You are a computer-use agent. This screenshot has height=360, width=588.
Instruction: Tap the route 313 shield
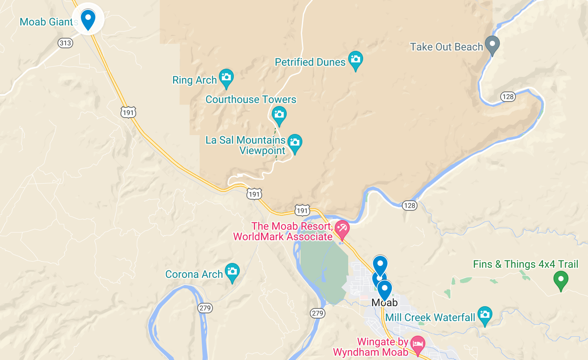(x=65, y=43)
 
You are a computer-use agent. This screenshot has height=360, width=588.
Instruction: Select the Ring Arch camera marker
(x=226, y=78)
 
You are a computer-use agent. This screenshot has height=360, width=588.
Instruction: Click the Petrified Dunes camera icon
(x=356, y=59)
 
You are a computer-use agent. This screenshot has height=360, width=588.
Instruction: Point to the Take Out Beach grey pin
(x=492, y=45)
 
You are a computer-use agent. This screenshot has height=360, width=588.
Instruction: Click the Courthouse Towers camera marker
(x=279, y=115)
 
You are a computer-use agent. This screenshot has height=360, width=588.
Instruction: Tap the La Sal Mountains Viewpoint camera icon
(x=295, y=143)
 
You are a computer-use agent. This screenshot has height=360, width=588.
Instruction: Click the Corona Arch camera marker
(x=232, y=272)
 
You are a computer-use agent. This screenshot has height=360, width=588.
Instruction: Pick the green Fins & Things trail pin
(x=561, y=280)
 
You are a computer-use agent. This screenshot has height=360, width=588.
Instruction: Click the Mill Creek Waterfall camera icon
(x=485, y=315)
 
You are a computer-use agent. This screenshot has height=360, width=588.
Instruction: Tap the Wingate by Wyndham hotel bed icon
(x=418, y=344)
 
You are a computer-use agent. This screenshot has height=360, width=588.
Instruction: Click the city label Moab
(x=385, y=303)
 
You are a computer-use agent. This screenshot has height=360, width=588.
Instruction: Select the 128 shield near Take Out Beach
(x=508, y=97)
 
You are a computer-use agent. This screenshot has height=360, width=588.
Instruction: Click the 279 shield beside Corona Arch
(x=205, y=308)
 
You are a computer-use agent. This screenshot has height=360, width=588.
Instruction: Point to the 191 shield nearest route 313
(x=128, y=112)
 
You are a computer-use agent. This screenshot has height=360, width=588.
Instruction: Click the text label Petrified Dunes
(x=310, y=62)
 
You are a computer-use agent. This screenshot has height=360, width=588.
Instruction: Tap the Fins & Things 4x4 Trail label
(x=526, y=264)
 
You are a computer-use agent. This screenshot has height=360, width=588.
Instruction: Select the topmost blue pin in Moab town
(x=380, y=264)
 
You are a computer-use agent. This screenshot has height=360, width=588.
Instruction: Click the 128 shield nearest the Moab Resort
(x=409, y=206)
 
